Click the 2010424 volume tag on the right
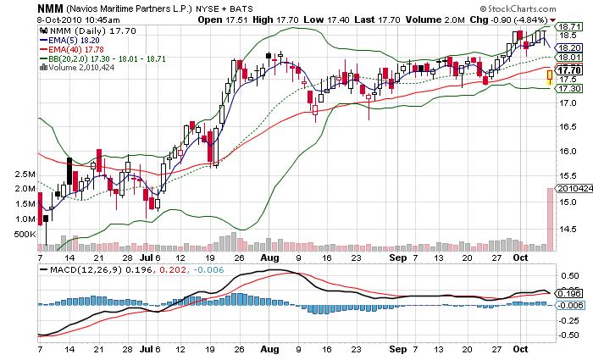tap(573, 188)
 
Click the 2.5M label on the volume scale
tap(24, 174)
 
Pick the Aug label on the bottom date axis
tap(269, 348)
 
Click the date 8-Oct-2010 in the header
tap(36, 17)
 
